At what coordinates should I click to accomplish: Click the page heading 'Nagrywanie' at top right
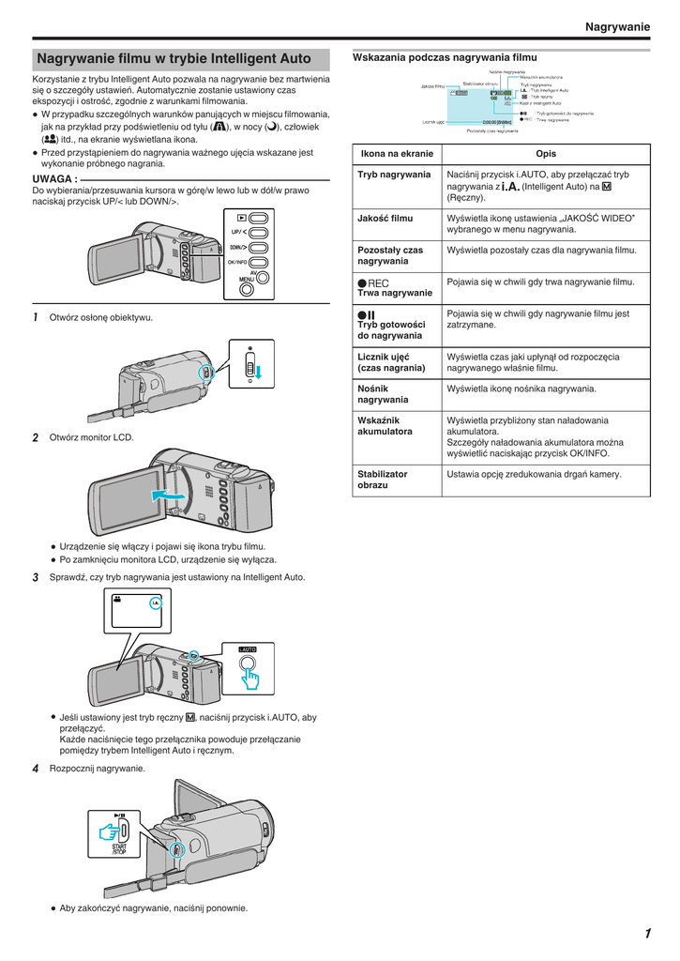pyautogui.click(x=616, y=27)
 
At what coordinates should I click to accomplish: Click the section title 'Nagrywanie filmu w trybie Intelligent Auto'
pyautogui.click(x=174, y=58)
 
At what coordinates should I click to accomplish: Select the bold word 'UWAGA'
pyautogui.click(x=53, y=178)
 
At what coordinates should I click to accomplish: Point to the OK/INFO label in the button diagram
pyautogui.click(x=237, y=263)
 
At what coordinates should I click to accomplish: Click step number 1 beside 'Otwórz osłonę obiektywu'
pyautogui.click(x=36, y=317)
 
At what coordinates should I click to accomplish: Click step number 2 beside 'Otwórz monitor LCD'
pyautogui.click(x=36, y=437)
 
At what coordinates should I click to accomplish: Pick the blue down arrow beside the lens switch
pyautogui.click(x=259, y=374)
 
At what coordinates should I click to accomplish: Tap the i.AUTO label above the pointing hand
pyautogui.click(x=247, y=648)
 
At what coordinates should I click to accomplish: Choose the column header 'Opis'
pyautogui.click(x=546, y=154)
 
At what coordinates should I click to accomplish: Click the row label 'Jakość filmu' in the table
pyautogui.click(x=385, y=219)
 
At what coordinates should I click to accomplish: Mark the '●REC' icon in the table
pyautogui.click(x=372, y=282)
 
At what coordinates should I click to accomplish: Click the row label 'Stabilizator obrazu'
pyautogui.click(x=383, y=480)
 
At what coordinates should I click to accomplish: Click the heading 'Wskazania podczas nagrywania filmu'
pyautogui.click(x=445, y=57)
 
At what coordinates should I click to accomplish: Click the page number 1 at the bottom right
pyautogui.click(x=647, y=933)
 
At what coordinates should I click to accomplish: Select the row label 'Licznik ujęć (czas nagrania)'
pyautogui.click(x=392, y=362)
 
